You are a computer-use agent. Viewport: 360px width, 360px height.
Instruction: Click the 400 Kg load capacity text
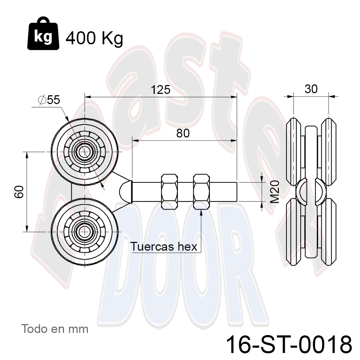(x=94, y=38)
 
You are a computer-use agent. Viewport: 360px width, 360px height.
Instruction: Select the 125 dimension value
(x=160, y=90)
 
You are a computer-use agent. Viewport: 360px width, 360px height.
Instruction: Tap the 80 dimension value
(x=183, y=133)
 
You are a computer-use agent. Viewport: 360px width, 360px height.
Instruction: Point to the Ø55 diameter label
(x=49, y=100)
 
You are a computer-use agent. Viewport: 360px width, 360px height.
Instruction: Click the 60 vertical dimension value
(x=19, y=192)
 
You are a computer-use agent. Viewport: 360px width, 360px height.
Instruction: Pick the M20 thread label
(x=275, y=192)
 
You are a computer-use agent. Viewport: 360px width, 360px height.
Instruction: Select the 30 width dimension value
(x=311, y=89)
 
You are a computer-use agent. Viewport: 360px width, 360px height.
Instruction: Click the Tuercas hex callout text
(x=164, y=246)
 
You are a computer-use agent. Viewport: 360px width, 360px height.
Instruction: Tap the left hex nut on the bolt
(x=169, y=192)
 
